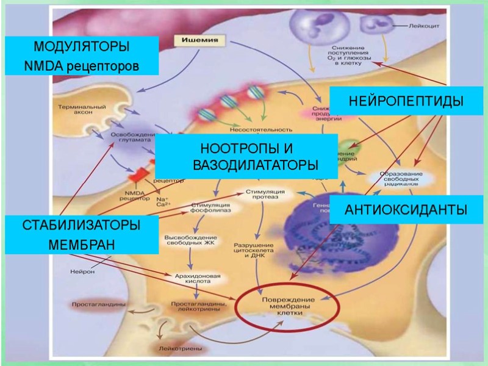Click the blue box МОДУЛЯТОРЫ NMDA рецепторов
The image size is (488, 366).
[x=81, y=56]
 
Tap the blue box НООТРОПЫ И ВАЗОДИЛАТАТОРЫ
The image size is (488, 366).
[x=246, y=157]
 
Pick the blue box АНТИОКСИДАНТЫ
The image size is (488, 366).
[x=406, y=210]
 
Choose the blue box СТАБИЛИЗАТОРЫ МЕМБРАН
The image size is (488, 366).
[x=81, y=234]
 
